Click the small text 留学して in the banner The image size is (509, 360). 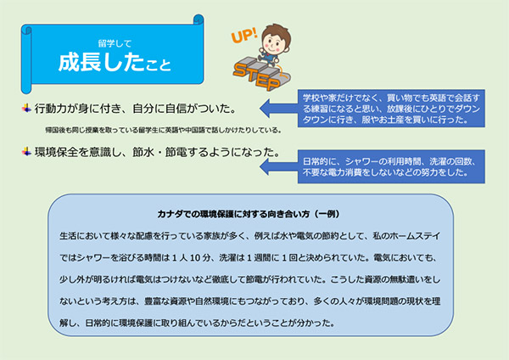pos(115,43)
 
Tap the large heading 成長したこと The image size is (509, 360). pos(115,62)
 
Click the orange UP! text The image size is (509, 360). pos(244,35)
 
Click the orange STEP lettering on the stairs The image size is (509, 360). pos(256,76)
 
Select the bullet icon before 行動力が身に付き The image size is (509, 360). pos(26,108)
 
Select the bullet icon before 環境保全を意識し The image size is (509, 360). pos(26,151)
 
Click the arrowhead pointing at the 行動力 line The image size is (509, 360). pos(265,108)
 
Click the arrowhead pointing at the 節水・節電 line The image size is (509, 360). pos(265,166)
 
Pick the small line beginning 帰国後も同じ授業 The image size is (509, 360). pos(163,130)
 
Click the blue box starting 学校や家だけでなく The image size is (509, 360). pos(391,108)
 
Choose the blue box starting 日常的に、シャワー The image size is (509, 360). pos(391,166)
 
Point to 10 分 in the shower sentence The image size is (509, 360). pos(200,257)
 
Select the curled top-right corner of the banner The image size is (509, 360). pos(199,20)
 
